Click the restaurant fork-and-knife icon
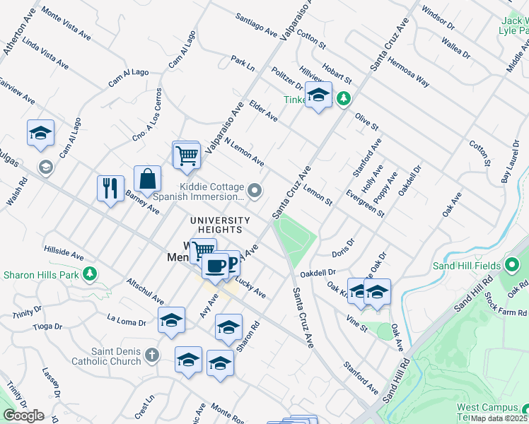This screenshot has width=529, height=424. (110, 188)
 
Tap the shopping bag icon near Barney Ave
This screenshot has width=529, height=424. (147, 179)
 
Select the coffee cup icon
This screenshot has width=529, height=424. (215, 266)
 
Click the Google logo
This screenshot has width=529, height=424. (23, 416)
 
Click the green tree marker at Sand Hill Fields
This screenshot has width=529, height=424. (513, 266)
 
